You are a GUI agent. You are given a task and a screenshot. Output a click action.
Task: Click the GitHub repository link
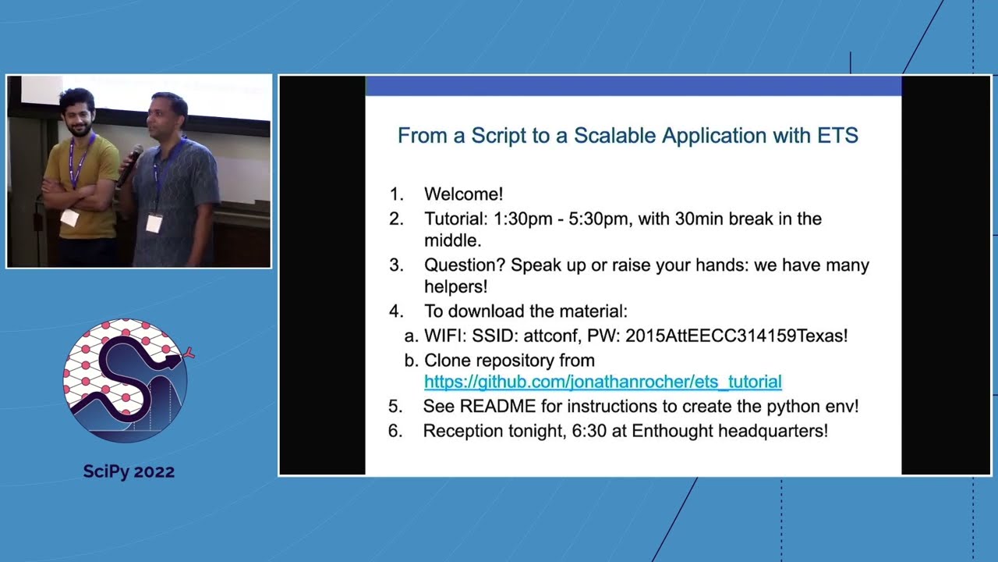(602, 382)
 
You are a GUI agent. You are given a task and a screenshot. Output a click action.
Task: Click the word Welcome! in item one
(463, 194)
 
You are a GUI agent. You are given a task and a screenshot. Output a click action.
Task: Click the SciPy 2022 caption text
(129, 471)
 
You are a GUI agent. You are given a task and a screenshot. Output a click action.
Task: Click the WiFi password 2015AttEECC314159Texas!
(736, 336)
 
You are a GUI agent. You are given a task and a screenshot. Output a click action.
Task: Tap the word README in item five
(494, 407)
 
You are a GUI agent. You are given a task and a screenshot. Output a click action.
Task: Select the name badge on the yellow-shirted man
(69, 218)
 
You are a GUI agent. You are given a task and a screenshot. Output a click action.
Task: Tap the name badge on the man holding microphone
(154, 223)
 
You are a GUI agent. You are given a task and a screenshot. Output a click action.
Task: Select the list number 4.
(396, 311)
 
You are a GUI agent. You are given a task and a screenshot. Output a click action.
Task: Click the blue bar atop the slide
(633, 86)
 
